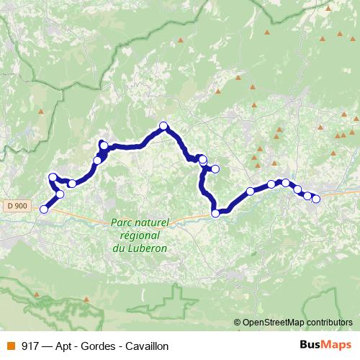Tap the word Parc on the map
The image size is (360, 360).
point(123,224)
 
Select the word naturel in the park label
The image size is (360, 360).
point(153,224)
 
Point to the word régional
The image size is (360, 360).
point(140,235)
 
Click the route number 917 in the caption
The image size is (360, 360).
point(30,346)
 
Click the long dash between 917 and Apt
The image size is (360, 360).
point(48,346)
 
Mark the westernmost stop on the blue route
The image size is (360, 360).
point(43,210)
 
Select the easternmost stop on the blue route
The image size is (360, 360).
point(315,199)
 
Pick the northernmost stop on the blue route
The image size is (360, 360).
point(163,126)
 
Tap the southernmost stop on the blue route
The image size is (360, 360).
point(215,213)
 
